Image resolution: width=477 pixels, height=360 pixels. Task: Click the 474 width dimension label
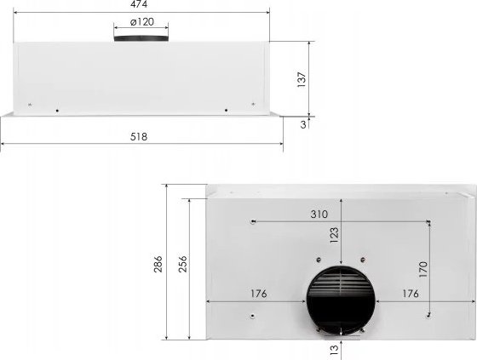[139, 4]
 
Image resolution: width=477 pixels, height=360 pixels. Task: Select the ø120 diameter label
[141, 22]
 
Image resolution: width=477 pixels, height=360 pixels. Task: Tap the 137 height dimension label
[302, 79]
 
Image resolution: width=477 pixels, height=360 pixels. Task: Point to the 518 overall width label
[139, 137]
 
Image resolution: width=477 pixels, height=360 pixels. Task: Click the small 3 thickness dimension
[303, 124]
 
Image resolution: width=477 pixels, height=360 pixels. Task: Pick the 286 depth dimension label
[158, 264]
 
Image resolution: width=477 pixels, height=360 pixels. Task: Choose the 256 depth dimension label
[182, 264]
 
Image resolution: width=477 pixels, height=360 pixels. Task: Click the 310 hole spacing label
[319, 214]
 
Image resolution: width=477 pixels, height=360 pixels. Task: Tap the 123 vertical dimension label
[334, 235]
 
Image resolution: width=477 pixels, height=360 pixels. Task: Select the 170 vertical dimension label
[423, 269]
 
